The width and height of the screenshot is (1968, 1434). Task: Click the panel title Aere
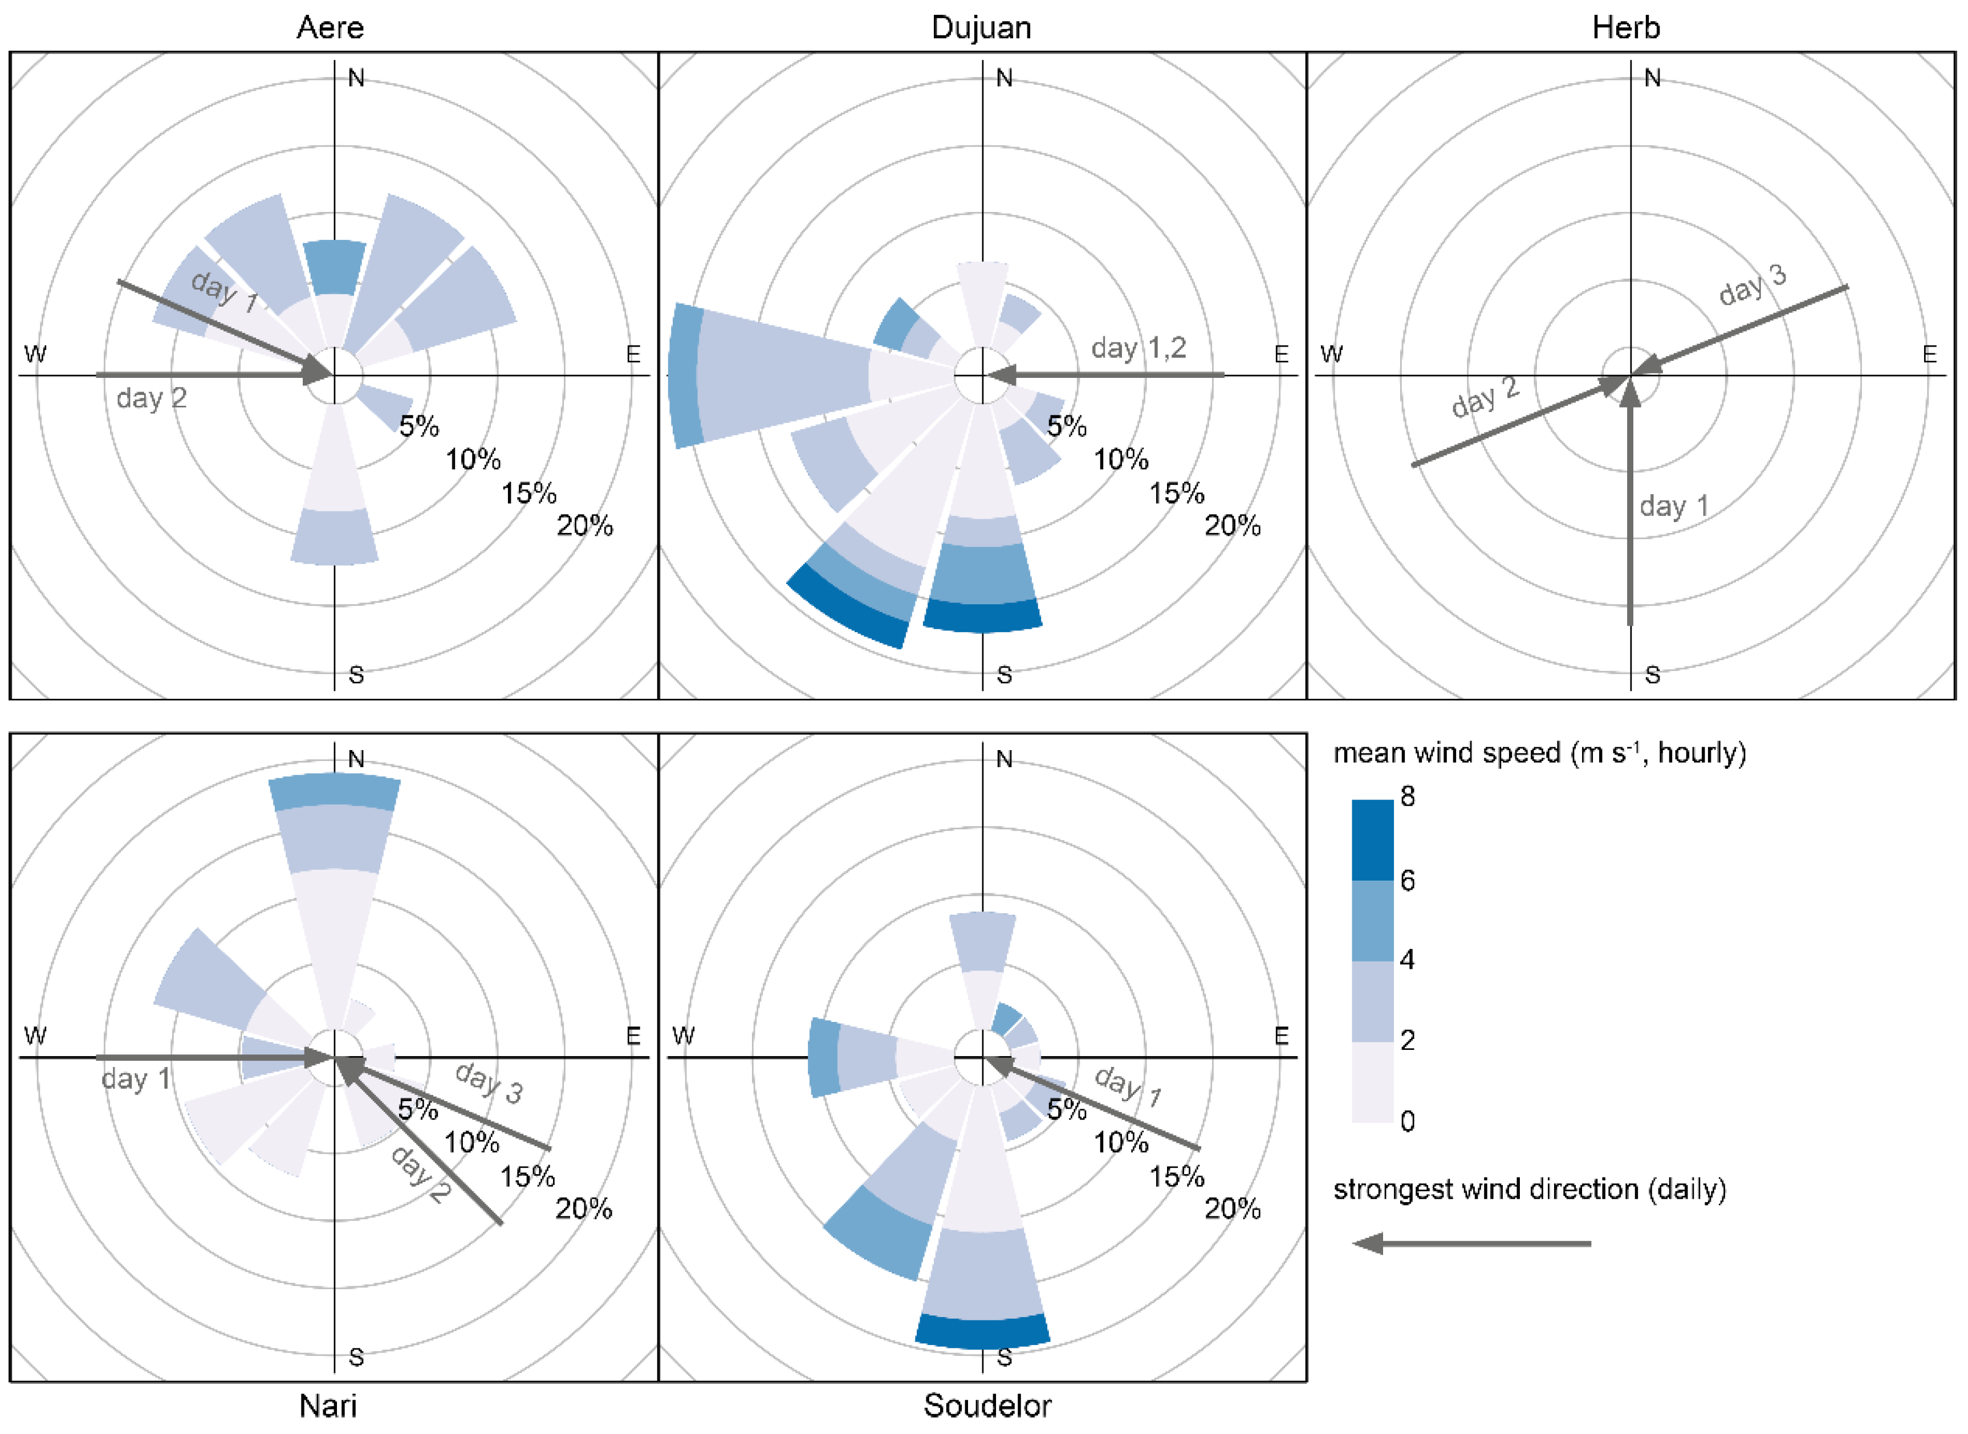point(330,28)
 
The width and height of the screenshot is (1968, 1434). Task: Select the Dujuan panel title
point(981,28)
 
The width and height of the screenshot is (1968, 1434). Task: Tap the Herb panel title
point(1625,28)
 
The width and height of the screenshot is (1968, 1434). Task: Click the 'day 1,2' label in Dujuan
point(1138,348)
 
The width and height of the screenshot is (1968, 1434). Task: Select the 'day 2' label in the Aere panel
point(151,398)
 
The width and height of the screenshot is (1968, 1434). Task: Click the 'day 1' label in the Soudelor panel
point(1127,1085)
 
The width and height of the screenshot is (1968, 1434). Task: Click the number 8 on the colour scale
point(1407,796)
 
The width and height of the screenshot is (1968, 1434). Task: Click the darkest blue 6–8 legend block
point(1372,840)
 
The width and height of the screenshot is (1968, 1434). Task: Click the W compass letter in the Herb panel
point(1331,354)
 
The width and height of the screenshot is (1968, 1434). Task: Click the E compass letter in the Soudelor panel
point(1280,1036)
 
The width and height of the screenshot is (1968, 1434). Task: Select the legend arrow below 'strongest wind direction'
point(1471,1243)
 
